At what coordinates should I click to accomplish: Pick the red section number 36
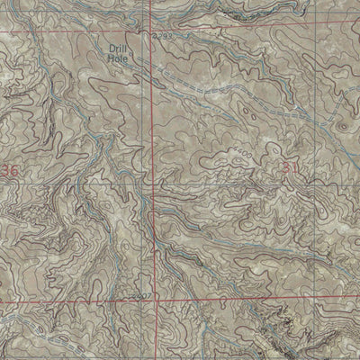(9, 170)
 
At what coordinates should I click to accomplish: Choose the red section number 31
(290, 167)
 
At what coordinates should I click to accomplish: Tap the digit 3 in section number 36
(4, 170)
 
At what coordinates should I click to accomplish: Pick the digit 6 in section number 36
(13, 170)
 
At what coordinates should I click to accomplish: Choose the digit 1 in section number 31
(294, 167)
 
